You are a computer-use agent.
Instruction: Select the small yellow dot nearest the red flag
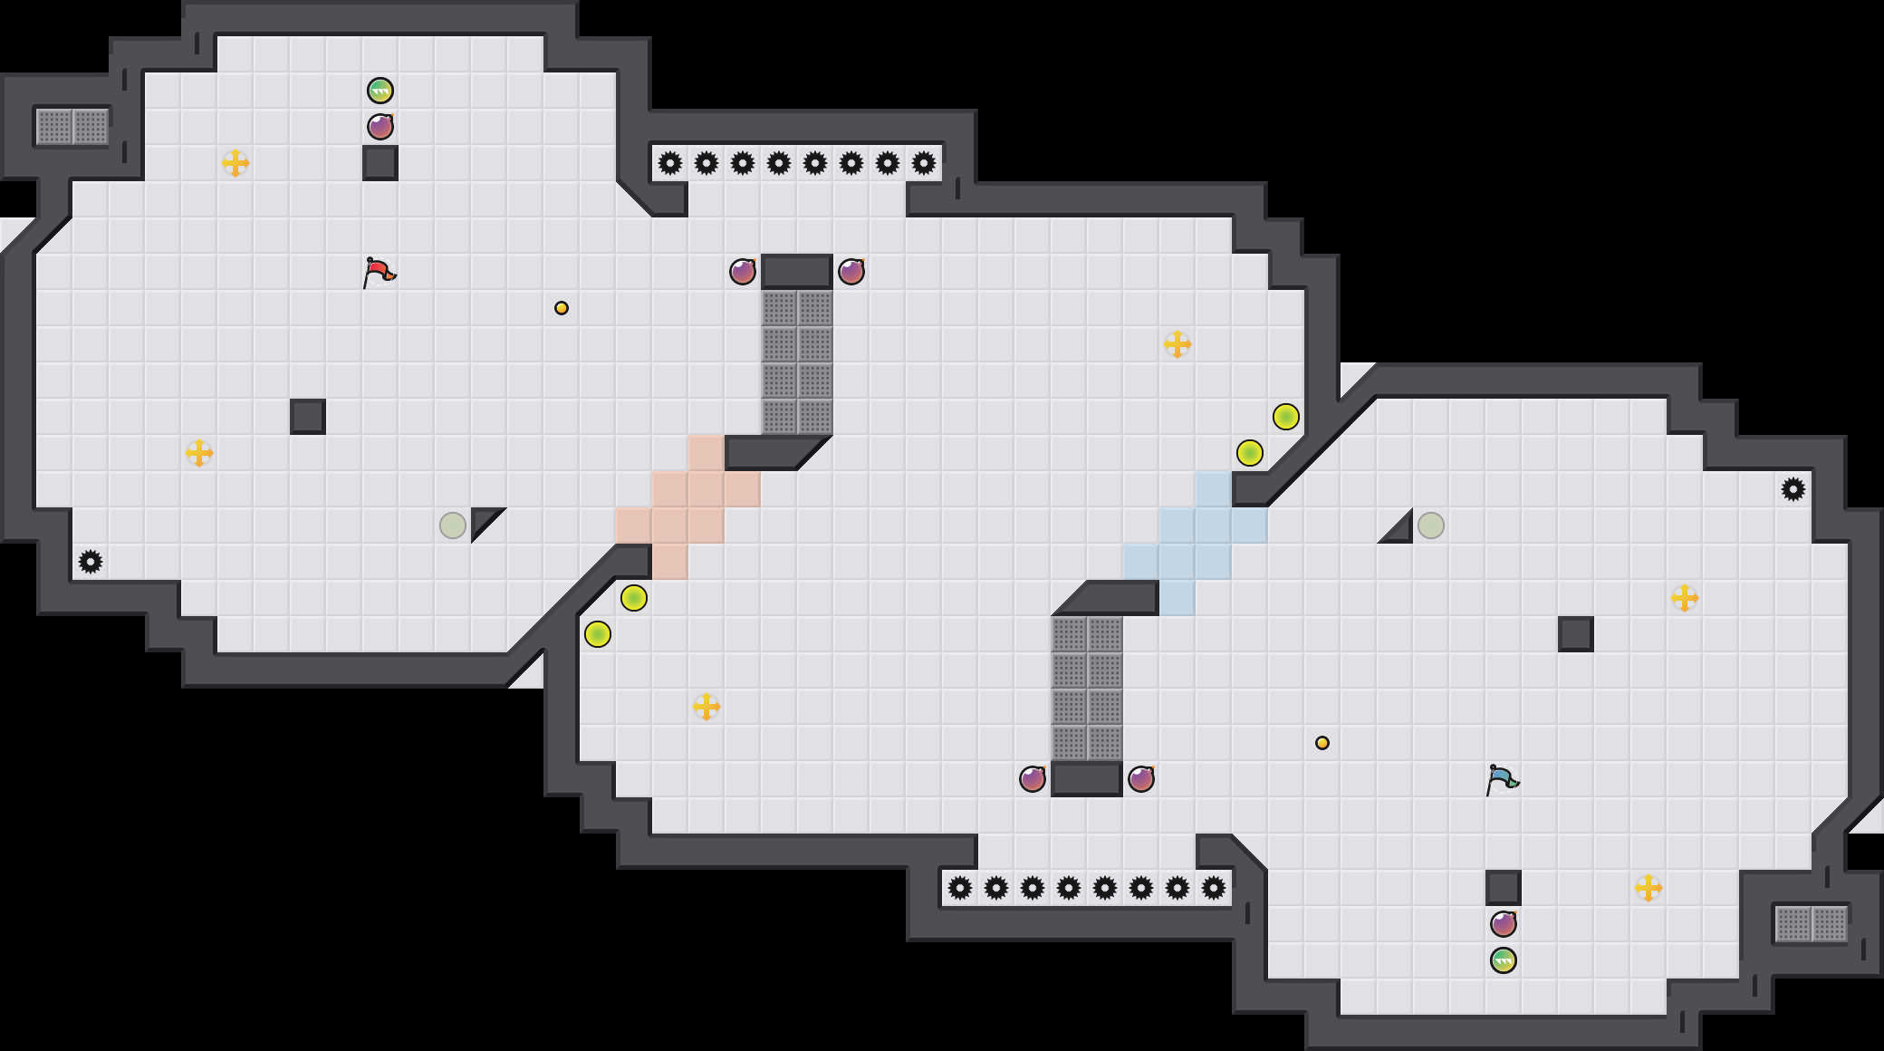[x=562, y=308]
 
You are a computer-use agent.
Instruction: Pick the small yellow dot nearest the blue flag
[x=1322, y=743]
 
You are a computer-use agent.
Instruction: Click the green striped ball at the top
[x=380, y=91]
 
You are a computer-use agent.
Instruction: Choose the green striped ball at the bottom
[x=1504, y=960]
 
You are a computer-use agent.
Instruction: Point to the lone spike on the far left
[x=91, y=562]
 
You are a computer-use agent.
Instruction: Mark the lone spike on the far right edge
[x=1793, y=489]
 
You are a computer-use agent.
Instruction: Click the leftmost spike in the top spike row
[x=670, y=163]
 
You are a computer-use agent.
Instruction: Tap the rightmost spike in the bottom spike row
[x=1214, y=888]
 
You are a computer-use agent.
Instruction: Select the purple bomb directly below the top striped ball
[x=380, y=127]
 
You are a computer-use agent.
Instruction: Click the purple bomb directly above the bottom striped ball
[x=1504, y=924]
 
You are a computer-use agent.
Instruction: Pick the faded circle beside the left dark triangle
[x=453, y=525]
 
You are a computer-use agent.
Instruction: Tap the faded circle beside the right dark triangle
[x=1431, y=525]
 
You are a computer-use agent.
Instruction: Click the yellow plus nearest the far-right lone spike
[x=1685, y=598]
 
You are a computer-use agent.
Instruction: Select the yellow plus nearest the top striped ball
[x=235, y=163]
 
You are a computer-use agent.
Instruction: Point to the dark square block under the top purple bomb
[x=380, y=163]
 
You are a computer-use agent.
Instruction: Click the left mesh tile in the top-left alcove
[x=54, y=127]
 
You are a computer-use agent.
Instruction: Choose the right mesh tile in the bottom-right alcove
[x=1830, y=924]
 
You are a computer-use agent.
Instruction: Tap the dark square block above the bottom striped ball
[x=1504, y=888]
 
